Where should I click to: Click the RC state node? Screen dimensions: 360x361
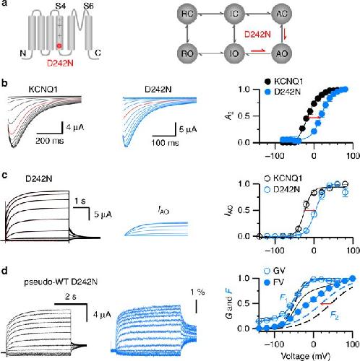187,14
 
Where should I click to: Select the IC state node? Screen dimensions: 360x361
234,14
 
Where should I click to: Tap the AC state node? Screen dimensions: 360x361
281,14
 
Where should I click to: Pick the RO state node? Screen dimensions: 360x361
187,53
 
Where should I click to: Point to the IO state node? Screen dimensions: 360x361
234,53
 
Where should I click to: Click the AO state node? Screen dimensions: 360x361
281,53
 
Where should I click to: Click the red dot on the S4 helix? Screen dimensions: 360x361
59,45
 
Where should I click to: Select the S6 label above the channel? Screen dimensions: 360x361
88,6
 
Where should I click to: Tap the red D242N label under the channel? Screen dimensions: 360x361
60,64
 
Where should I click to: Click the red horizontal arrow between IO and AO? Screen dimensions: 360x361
258,51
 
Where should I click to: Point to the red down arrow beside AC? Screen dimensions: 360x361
286,35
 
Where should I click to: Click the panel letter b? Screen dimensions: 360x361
4,83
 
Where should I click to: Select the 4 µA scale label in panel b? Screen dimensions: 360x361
75,127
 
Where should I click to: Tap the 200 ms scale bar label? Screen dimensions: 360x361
50,141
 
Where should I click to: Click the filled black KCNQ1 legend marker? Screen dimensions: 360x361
267,82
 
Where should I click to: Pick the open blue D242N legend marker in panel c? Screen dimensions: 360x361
267,190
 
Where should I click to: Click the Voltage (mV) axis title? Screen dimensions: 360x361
305,356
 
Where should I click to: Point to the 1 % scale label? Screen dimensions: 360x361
197,292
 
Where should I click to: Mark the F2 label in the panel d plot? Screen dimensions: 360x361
334,316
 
